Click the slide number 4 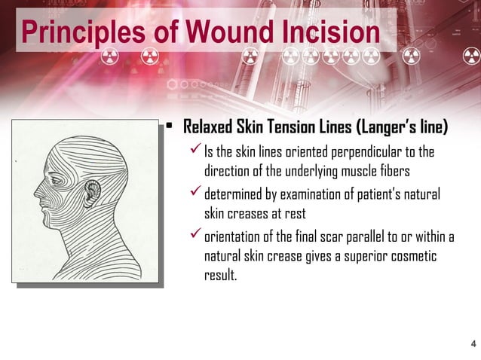pyautogui.click(x=473, y=344)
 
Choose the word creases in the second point pyautogui.click(x=251, y=213)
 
